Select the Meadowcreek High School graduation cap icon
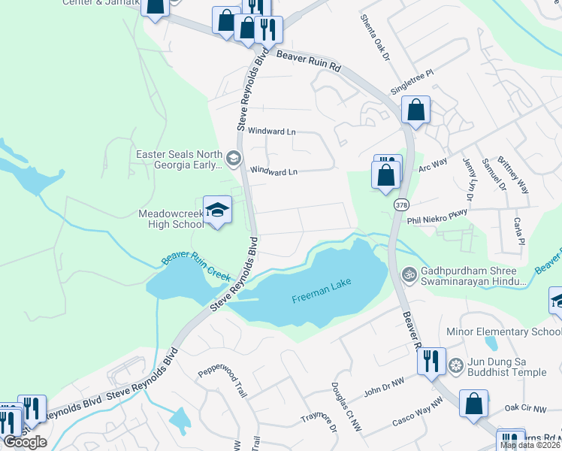click(x=217, y=210)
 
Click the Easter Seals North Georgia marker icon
click(x=234, y=157)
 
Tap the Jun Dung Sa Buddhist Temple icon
click(x=455, y=366)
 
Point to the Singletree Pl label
click(x=412, y=82)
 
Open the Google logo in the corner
click(x=25, y=442)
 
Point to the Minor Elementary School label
click(x=515, y=331)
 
